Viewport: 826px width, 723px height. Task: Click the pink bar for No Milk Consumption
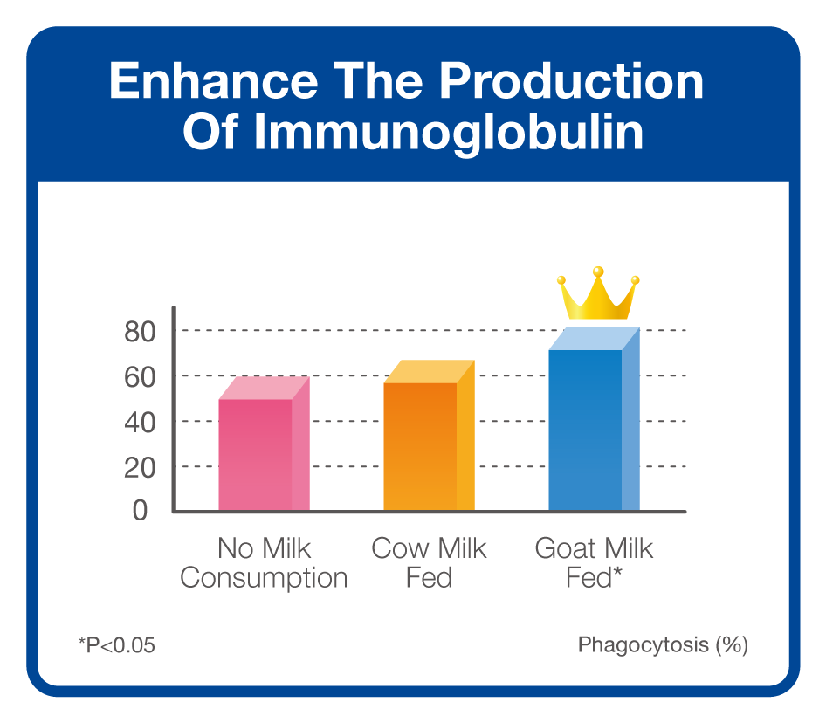click(x=264, y=444)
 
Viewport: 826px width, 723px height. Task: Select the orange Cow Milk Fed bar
click(x=429, y=435)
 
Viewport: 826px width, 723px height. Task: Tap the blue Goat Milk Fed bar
click(x=595, y=419)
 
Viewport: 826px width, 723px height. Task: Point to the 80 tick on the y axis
click(x=140, y=332)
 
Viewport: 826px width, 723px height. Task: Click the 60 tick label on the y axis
click(x=140, y=377)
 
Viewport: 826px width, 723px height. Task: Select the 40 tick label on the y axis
click(x=140, y=423)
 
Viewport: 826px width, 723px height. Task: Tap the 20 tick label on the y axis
click(x=140, y=468)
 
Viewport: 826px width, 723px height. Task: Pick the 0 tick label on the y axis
click(x=140, y=510)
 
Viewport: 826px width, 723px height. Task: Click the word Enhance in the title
click(x=213, y=80)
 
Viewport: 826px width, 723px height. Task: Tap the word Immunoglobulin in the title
click(x=448, y=132)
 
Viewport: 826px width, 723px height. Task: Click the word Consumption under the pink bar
click(x=264, y=577)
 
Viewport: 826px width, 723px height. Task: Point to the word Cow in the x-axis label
click(x=400, y=548)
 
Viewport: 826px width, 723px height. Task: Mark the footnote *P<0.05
click(x=116, y=645)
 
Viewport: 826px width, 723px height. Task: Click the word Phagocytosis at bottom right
click(x=644, y=645)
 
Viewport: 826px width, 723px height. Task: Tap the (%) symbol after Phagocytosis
click(x=731, y=645)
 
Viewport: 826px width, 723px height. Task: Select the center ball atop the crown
click(x=598, y=272)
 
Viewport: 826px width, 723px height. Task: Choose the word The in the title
click(x=378, y=80)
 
